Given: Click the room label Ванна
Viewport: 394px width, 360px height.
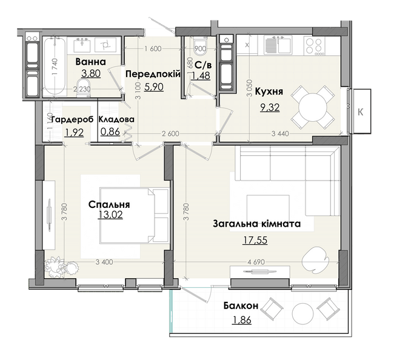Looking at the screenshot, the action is click(x=91, y=62).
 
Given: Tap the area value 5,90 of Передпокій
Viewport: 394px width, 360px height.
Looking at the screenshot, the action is click(x=154, y=87).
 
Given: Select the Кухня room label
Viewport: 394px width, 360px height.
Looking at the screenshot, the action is click(x=269, y=92).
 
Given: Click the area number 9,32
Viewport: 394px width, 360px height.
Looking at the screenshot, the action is click(x=270, y=107).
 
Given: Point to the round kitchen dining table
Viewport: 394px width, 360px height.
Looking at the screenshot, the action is click(x=313, y=107).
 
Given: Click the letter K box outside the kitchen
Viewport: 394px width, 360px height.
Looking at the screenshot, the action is click(x=361, y=112).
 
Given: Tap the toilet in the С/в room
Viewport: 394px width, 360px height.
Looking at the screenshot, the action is click(x=200, y=47).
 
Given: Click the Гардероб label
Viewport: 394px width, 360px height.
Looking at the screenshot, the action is click(x=72, y=119).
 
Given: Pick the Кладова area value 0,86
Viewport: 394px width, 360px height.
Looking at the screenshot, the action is click(x=110, y=132).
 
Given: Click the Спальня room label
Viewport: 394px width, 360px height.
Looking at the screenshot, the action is click(x=109, y=204).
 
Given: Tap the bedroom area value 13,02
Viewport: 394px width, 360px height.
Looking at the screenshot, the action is click(x=110, y=215).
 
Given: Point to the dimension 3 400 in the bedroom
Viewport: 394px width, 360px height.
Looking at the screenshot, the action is click(x=104, y=262).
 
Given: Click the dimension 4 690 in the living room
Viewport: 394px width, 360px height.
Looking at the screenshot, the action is click(x=256, y=262).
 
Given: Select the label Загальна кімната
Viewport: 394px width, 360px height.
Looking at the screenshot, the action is click(x=256, y=224).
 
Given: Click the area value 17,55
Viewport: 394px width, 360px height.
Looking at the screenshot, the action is click(x=255, y=241).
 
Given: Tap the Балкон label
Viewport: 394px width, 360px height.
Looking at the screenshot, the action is click(x=241, y=305).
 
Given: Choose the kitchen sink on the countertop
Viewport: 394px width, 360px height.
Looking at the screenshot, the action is click(x=278, y=45).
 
